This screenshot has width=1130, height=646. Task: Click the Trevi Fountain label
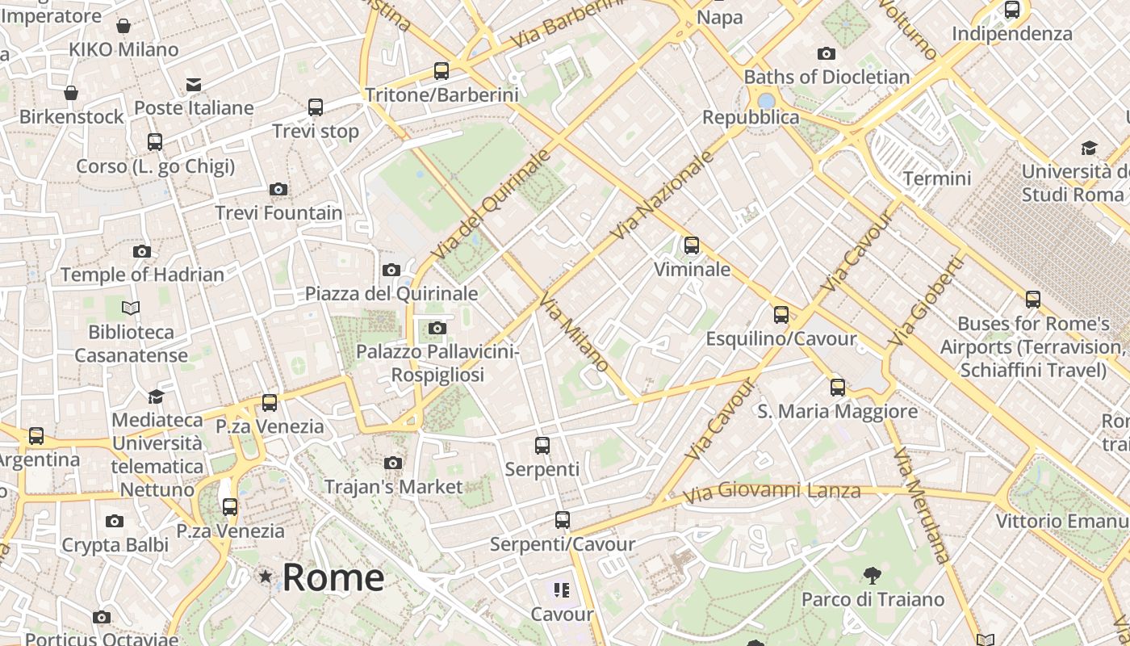pyautogui.click(x=278, y=213)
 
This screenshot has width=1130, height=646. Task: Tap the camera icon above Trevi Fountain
pyautogui.click(x=278, y=189)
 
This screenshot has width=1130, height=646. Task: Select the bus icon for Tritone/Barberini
pyautogui.click(x=441, y=71)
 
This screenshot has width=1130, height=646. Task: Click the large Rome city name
pyautogui.click(x=333, y=577)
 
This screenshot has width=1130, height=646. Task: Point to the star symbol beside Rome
pyautogui.click(x=265, y=577)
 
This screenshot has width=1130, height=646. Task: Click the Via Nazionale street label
pyautogui.click(x=663, y=195)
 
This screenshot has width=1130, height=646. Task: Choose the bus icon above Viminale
pyautogui.click(x=692, y=245)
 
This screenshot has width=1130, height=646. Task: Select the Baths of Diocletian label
pyautogui.click(x=827, y=78)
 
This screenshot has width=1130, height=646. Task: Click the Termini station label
pyautogui.click(x=937, y=178)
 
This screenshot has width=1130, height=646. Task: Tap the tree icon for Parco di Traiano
pyautogui.click(x=872, y=576)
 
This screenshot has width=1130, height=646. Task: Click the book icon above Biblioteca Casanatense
pyautogui.click(x=131, y=308)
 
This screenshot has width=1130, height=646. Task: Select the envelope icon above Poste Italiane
pyautogui.click(x=194, y=85)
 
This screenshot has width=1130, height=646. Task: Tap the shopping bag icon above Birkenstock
pyautogui.click(x=71, y=93)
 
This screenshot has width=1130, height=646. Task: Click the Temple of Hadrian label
pyautogui.click(x=142, y=275)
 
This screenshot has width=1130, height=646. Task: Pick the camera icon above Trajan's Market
pyautogui.click(x=393, y=463)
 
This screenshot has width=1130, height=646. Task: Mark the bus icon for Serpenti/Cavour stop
pyautogui.click(x=563, y=520)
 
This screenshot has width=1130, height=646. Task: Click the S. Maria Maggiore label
pyautogui.click(x=837, y=411)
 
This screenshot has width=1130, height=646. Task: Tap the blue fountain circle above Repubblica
pyautogui.click(x=766, y=101)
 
